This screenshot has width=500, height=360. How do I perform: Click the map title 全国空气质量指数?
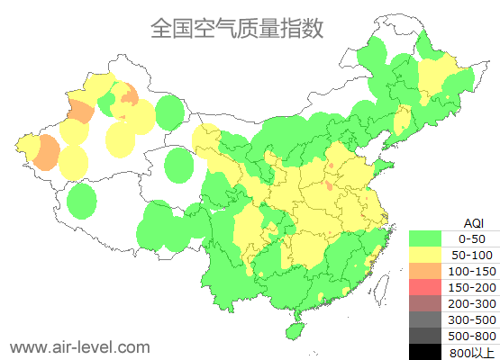(236, 28)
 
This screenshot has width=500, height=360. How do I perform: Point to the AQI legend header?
(473, 222)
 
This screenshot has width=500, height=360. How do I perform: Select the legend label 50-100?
(472, 255)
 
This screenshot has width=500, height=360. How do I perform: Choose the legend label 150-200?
(472, 287)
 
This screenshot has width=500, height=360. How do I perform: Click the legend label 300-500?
(472, 319)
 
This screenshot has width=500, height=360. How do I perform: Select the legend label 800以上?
(472, 352)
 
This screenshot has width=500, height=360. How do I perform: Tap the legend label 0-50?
(472, 238)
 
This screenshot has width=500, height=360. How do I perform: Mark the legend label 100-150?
(472, 271)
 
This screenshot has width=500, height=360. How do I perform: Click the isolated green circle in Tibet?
(82, 201)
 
